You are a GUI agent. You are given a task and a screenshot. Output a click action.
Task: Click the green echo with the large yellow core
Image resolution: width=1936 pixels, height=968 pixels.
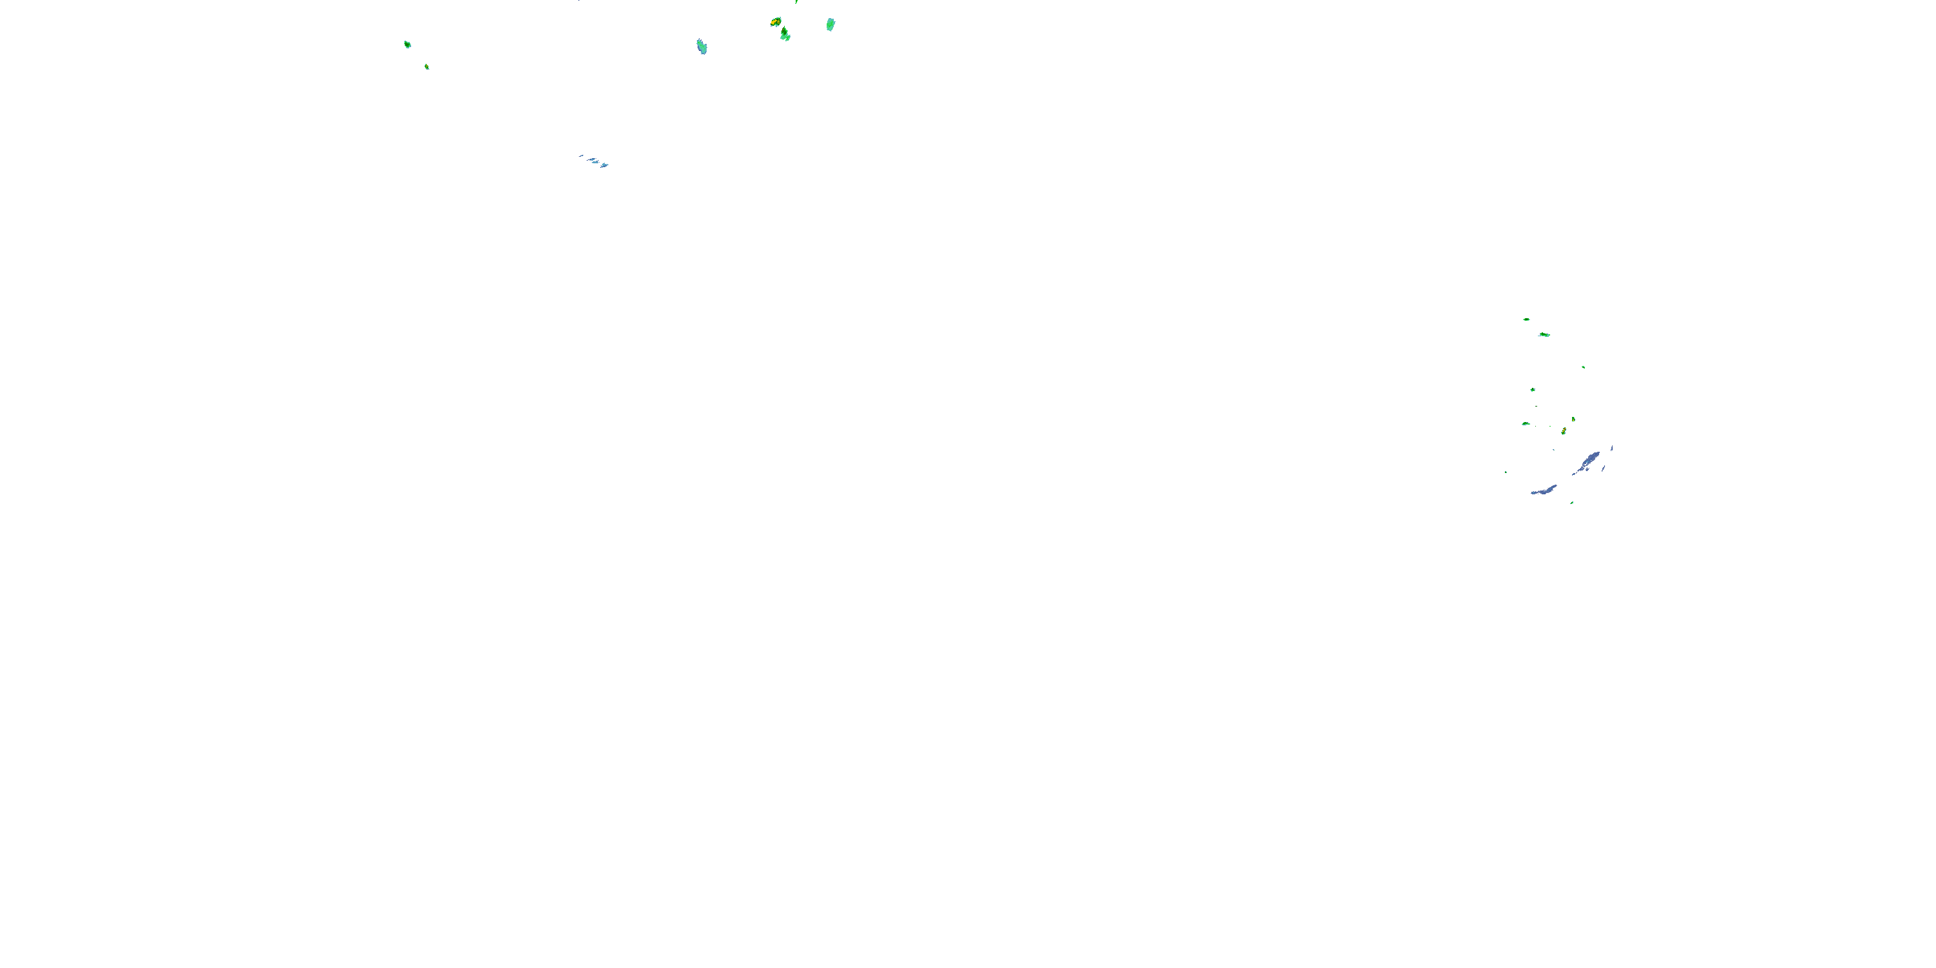(776, 22)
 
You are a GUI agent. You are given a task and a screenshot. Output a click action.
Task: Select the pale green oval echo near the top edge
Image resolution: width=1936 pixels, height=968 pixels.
(831, 24)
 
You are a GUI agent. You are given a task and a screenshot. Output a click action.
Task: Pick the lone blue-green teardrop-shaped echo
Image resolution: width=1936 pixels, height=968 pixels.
(701, 46)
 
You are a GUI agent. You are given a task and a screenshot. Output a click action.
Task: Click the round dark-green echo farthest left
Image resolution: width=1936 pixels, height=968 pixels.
(407, 45)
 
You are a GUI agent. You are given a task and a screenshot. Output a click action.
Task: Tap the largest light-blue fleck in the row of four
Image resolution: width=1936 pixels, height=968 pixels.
(604, 165)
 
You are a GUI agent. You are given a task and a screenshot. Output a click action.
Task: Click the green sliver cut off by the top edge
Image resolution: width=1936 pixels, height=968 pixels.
(796, 1)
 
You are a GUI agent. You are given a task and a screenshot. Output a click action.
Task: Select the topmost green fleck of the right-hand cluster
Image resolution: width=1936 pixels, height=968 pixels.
(1526, 319)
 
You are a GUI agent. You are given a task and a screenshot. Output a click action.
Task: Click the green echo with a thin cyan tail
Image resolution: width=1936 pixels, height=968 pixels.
(1544, 334)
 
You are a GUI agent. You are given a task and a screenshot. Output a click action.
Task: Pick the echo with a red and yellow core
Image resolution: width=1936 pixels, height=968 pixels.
(1564, 431)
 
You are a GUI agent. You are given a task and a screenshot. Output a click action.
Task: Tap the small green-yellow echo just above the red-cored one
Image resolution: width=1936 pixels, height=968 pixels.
(1573, 419)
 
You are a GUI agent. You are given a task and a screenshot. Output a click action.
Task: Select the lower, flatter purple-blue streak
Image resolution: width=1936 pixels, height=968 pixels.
(1544, 490)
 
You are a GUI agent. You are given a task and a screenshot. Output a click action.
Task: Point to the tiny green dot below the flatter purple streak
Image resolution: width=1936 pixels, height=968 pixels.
(1571, 503)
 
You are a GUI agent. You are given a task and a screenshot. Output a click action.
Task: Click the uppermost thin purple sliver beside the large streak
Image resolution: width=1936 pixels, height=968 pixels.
(1611, 448)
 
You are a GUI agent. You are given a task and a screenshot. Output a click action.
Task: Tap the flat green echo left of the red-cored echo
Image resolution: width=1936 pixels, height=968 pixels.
(1526, 424)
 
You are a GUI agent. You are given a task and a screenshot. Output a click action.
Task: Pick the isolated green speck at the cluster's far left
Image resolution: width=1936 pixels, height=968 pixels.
(1506, 472)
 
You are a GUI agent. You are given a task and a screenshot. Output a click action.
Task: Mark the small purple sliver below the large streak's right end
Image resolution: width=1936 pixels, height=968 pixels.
(1603, 469)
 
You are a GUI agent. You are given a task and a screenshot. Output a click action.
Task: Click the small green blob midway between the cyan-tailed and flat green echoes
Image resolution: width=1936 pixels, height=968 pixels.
(1533, 390)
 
